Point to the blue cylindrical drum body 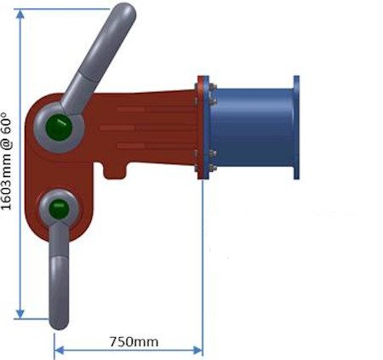point(251,128)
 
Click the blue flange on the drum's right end point(295,128)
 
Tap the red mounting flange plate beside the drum point(202,128)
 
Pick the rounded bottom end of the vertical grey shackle point(58,321)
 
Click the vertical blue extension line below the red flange point(203,255)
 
